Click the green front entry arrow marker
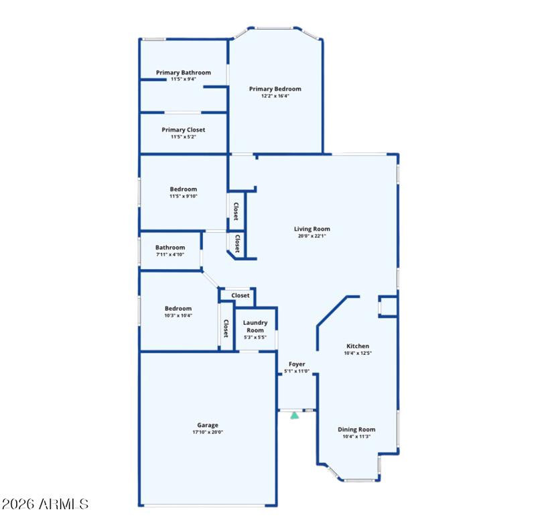click(x=295, y=415)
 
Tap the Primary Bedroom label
click(x=275, y=89)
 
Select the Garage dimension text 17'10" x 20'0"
click(x=208, y=432)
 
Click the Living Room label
click(x=312, y=229)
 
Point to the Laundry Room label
click(x=255, y=327)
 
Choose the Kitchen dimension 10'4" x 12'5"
click(x=358, y=353)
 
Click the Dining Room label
click(x=356, y=429)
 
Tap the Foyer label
click(x=297, y=364)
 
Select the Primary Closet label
click(x=183, y=129)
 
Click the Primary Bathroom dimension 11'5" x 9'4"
click(x=183, y=79)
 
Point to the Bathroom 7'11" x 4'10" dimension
click(x=170, y=254)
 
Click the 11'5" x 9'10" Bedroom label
click(x=183, y=189)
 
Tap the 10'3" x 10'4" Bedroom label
click(x=178, y=309)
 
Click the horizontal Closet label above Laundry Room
click(x=241, y=295)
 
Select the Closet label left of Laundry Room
click(x=226, y=329)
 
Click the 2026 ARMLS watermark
click(x=45, y=504)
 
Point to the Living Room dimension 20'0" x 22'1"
click(x=312, y=236)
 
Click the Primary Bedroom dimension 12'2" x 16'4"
click(x=275, y=96)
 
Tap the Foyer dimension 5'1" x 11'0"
click(x=297, y=371)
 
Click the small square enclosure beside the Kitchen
click(x=389, y=307)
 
